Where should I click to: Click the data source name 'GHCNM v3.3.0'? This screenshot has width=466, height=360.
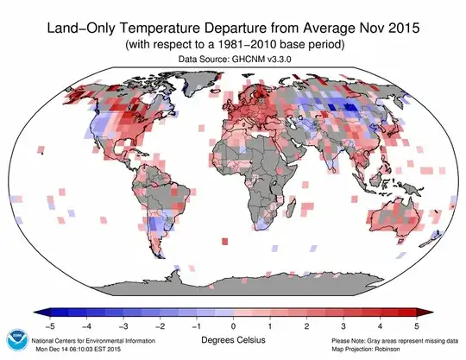point(261,59)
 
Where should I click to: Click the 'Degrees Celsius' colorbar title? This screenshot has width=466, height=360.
point(233,342)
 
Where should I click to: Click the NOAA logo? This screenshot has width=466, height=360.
point(16,339)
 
